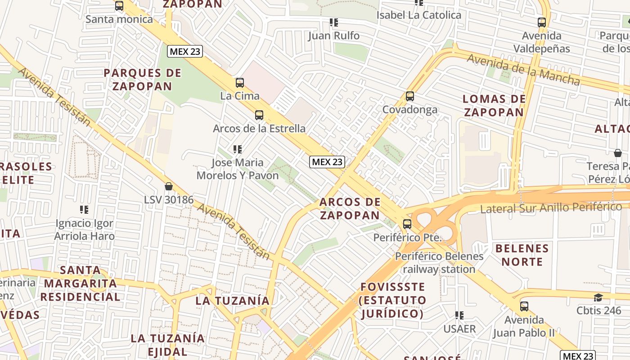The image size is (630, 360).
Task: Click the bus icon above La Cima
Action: click(x=239, y=83)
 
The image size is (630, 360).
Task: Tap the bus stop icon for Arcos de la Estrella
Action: click(x=259, y=115)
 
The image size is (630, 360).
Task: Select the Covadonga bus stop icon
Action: click(x=409, y=96)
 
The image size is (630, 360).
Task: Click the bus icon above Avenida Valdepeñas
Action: click(x=542, y=22)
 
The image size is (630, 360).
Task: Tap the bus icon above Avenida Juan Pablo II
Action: click(x=524, y=307)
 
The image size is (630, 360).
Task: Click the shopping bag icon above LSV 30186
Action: click(x=169, y=186)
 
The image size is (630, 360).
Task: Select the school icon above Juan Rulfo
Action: click(x=333, y=22)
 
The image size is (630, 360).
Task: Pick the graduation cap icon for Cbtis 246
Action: click(x=598, y=297)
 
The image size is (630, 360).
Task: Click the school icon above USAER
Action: click(x=459, y=315)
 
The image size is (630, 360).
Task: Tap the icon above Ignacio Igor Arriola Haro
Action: click(x=84, y=210)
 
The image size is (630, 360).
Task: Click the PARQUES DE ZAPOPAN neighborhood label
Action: click(x=142, y=79)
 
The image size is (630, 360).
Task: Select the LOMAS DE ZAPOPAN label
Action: click(x=494, y=106)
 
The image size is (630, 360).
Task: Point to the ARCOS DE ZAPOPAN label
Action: click(x=350, y=208)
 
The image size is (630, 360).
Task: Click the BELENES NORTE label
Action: click(x=522, y=255)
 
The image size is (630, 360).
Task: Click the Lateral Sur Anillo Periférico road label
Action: click(x=551, y=207)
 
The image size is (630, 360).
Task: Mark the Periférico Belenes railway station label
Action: click(x=439, y=263)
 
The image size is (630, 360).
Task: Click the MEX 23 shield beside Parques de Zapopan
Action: click(x=185, y=51)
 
